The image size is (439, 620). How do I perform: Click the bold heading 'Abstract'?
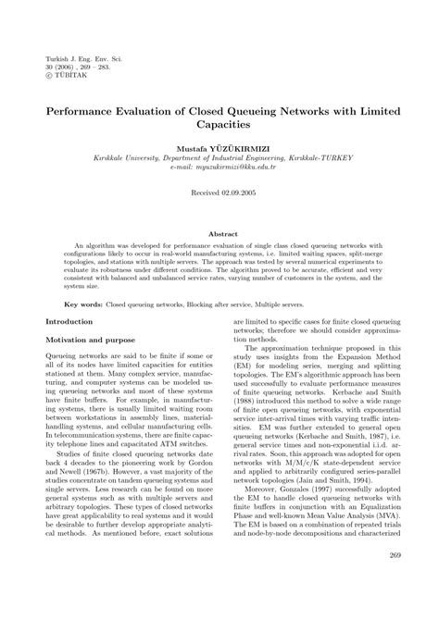point(219,209)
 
